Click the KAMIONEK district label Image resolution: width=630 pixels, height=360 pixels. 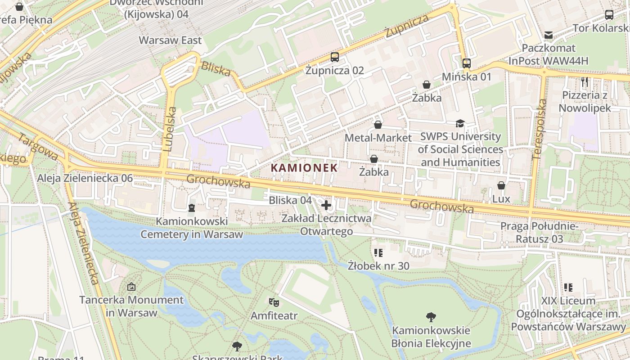tap(304, 168)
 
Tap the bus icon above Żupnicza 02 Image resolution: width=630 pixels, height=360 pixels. tap(335, 57)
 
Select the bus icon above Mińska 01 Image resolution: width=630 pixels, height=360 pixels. tap(467, 63)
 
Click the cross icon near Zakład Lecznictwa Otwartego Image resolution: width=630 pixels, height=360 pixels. tap(326, 206)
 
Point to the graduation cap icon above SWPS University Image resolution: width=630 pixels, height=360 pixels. tap(460, 123)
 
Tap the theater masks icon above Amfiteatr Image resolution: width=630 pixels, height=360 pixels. tap(274, 302)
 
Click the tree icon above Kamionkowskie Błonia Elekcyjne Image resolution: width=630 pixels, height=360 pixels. tap(431, 317)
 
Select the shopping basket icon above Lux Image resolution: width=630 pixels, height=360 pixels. tap(501, 185)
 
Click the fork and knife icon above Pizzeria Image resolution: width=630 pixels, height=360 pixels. tap(585, 82)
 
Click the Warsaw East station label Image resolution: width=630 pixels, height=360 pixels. tap(170, 40)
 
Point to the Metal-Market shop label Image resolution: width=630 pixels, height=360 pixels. tap(378, 138)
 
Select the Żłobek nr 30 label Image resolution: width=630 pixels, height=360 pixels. tap(378, 266)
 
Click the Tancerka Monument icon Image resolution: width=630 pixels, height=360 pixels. tap(131, 286)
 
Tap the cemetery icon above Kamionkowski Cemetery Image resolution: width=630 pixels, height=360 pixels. tap(192, 208)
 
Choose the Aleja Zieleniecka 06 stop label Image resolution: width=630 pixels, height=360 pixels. tap(85, 178)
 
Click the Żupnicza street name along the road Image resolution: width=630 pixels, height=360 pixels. tap(407, 26)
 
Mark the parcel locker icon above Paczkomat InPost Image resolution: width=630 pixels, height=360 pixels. tap(549, 35)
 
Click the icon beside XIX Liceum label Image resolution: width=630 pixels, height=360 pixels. tap(568, 287)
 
